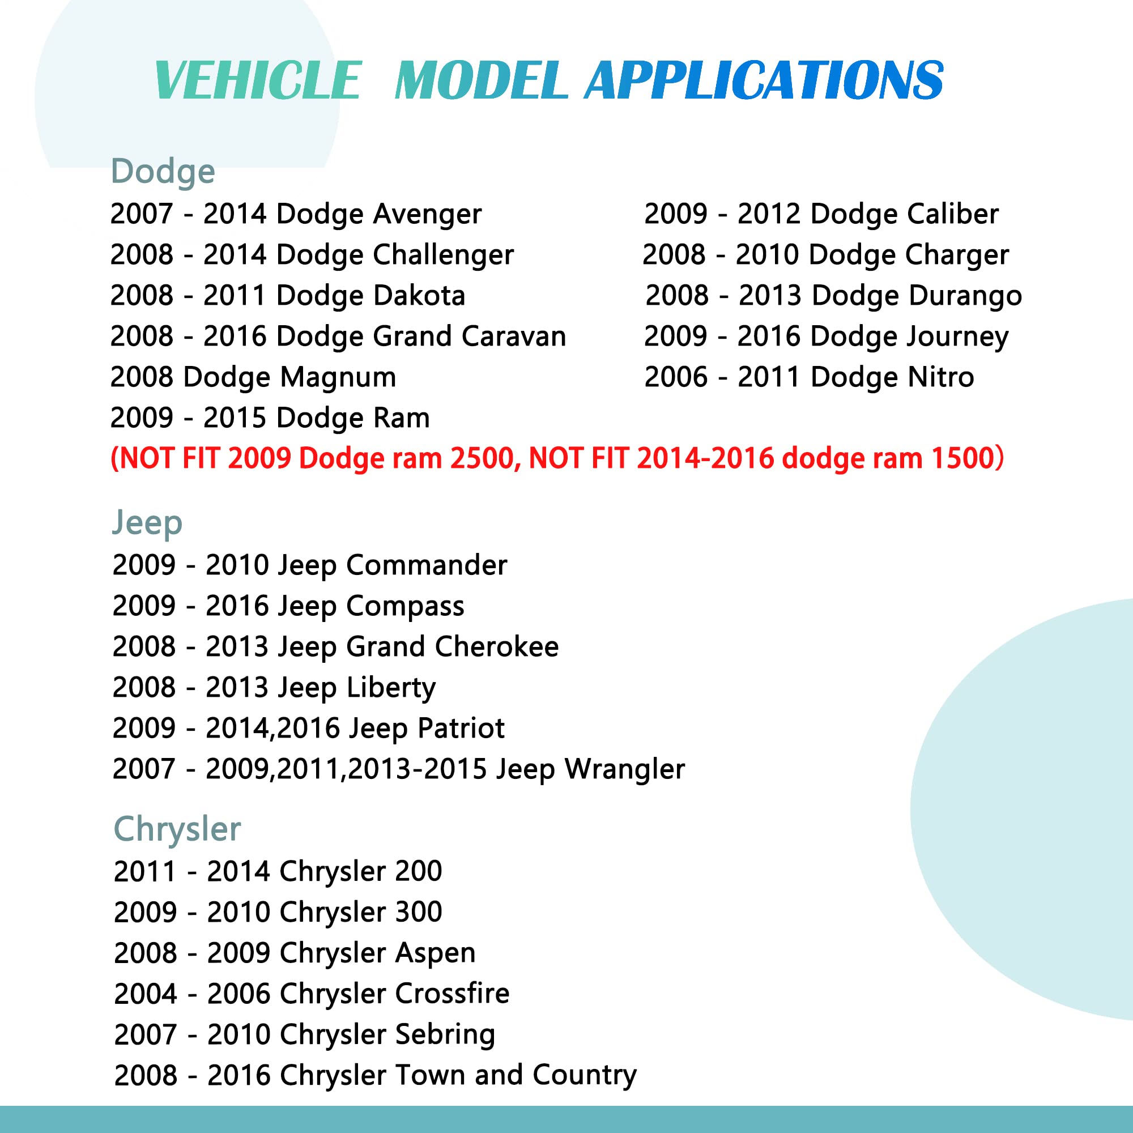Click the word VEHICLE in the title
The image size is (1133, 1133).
tap(257, 80)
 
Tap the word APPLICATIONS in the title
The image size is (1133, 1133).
tap(764, 80)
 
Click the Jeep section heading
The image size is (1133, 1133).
tap(147, 523)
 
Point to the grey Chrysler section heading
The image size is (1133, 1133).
tap(177, 830)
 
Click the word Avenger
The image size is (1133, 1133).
tap(428, 215)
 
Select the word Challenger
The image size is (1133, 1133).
tap(444, 255)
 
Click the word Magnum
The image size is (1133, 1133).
tap(338, 378)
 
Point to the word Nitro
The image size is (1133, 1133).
tap(940, 378)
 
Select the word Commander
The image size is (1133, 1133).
tap(427, 566)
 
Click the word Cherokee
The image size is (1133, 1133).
tap(497, 648)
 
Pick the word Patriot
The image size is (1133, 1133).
tap(461, 729)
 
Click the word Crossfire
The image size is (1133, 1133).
tap(453, 994)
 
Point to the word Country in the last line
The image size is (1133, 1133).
tap(585, 1076)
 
